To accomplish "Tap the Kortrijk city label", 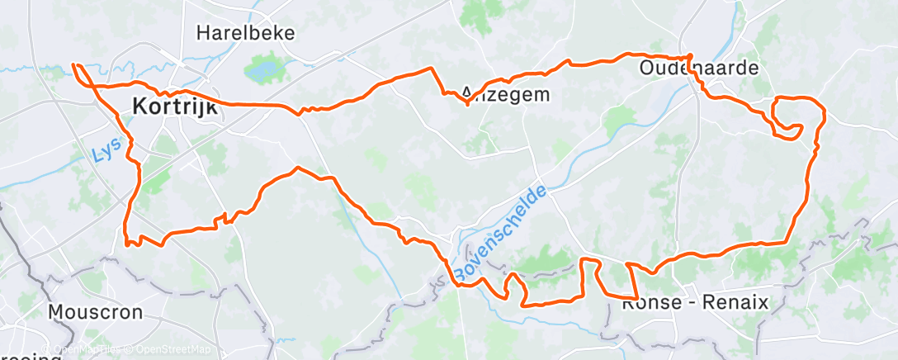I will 173,107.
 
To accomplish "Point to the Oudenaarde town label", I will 698,68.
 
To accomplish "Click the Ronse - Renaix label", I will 694,303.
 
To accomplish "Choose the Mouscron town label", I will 95,312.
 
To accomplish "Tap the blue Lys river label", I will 102,149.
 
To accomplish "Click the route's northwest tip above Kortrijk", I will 74,64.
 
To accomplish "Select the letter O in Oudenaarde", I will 647,68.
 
